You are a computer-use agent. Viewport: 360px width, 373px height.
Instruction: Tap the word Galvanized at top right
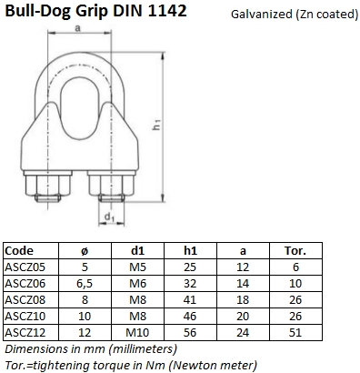click(x=261, y=15)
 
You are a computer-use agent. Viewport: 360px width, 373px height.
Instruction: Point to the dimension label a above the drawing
click(x=78, y=28)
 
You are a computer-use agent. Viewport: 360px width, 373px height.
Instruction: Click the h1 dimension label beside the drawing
click(x=156, y=125)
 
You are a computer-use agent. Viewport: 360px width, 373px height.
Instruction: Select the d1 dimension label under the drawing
click(x=109, y=217)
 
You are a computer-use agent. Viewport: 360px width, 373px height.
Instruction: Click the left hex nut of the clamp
click(x=48, y=185)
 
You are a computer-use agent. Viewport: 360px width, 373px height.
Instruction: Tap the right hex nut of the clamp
click(x=111, y=185)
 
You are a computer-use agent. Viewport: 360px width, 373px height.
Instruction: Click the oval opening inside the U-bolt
click(x=80, y=109)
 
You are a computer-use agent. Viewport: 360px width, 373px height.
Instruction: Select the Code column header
click(x=19, y=251)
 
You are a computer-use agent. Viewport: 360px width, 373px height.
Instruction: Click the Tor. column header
click(x=295, y=251)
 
